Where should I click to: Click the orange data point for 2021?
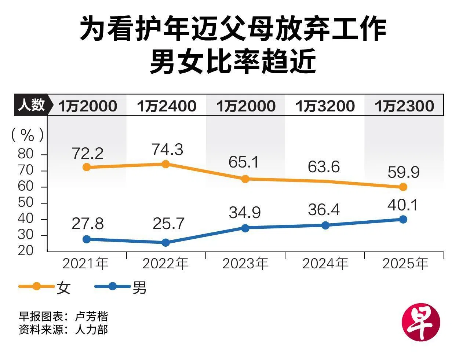[87, 167]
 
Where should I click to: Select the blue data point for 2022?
[165, 242]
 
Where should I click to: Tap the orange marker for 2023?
[245, 179]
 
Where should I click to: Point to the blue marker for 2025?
[403, 219]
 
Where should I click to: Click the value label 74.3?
[167, 150]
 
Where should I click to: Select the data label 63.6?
[324, 167]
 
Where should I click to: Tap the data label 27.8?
[88, 224]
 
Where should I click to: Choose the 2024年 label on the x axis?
[325, 264]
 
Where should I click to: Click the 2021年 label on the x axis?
[86, 264]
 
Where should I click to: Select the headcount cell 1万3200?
[325, 106]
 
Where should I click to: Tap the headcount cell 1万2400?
[167, 106]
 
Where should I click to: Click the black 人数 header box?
[31, 105]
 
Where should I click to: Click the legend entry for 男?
[121, 287]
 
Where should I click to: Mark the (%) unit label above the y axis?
[27, 135]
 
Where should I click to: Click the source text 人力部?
[91, 329]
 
